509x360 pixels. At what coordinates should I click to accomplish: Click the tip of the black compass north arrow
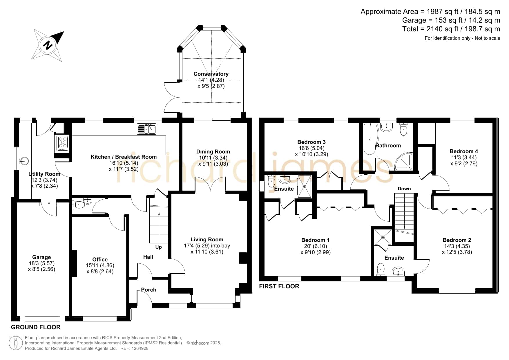click(64, 32)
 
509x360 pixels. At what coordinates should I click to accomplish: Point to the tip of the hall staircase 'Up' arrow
click(159, 213)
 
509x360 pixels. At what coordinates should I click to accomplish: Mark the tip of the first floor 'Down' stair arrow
click(405, 229)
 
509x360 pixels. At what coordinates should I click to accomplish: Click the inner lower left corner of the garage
click(17, 316)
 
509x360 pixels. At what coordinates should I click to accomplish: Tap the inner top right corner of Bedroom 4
click(492, 123)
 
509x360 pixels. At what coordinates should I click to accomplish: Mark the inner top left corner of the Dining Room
click(182, 123)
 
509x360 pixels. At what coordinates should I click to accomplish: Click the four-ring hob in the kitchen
click(62, 144)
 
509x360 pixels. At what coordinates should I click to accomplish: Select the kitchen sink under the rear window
click(146, 129)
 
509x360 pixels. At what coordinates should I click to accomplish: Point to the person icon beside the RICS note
click(16, 343)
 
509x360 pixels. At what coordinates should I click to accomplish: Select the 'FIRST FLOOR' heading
click(279, 286)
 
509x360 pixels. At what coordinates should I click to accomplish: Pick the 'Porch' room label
click(148, 290)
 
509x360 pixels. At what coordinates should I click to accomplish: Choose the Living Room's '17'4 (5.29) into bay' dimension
click(207, 246)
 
